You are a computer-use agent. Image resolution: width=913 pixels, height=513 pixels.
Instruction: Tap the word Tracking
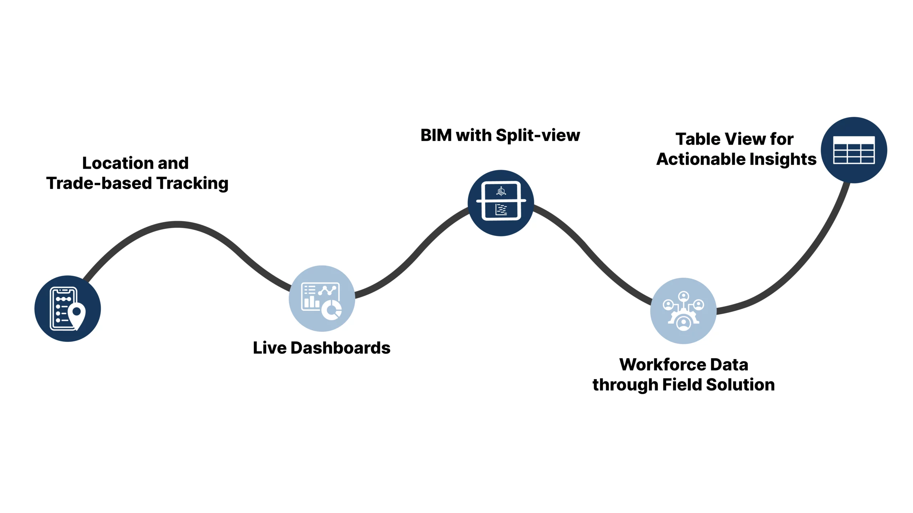pyautogui.click(x=193, y=183)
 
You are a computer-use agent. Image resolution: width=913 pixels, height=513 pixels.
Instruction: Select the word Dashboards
pyautogui.click(x=340, y=348)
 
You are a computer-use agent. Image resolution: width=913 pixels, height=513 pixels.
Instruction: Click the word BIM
pyautogui.click(x=436, y=135)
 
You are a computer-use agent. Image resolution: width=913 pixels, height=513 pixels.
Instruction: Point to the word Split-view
pyautogui.click(x=538, y=135)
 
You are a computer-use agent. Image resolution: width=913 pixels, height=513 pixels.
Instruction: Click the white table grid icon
pyautogui.click(x=854, y=150)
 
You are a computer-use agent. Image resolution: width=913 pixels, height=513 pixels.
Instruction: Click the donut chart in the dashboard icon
pyautogui.click(x=332, y=310)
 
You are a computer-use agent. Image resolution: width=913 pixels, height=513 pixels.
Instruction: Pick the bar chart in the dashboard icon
pyautogui.click(x=311, y=302)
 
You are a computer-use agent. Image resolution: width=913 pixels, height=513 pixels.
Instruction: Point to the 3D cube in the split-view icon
pyautogui.click(x=501, y=191)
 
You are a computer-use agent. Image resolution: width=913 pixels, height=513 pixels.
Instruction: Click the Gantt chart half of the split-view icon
pyautogui.click(x=501, y=210)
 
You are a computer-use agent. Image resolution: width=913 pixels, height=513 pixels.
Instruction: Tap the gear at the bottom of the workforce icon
pyautogui.click(x=683, y=323)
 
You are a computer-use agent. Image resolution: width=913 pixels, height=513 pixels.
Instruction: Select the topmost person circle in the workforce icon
pyautogui.click(x=683, y=296)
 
